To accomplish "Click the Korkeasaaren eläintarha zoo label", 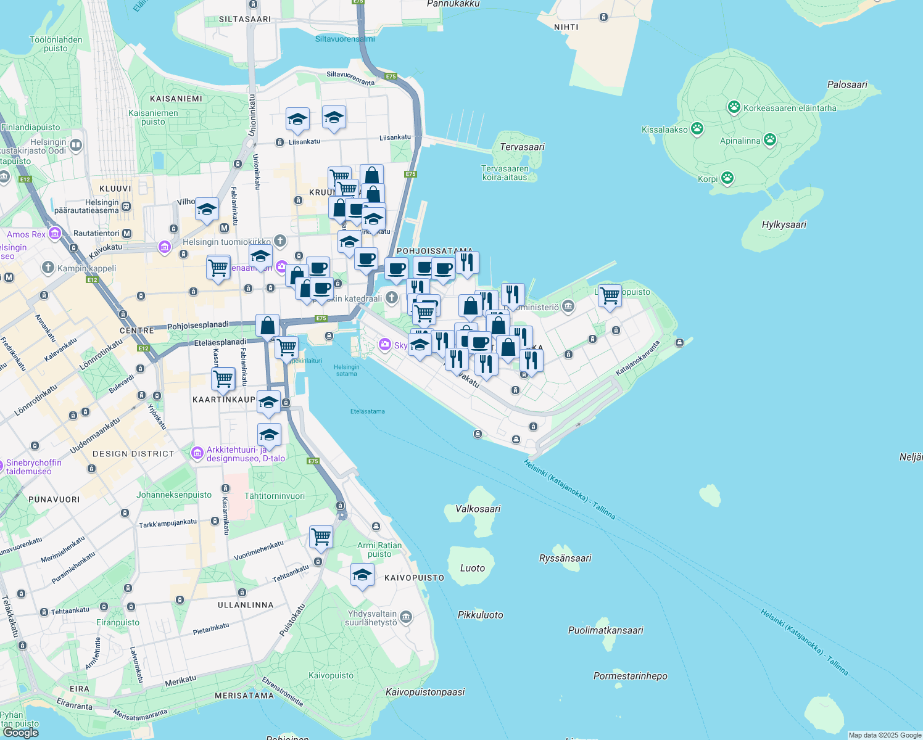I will point(790,108).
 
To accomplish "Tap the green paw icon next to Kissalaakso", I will point(697,129).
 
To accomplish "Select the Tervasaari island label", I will point(522,147).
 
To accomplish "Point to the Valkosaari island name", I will point(478,509).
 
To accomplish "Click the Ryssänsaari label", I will point(565,558).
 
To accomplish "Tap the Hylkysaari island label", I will point(784,224).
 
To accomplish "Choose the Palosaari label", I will point(847,84).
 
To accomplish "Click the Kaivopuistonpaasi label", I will point(425,692).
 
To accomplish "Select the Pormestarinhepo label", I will point(630,676).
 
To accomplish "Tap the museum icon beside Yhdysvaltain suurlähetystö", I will point(406,617).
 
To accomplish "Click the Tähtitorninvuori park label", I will point(275,496).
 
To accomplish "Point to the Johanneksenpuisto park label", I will point(174,495).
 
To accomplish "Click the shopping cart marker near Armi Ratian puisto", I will point(321,536).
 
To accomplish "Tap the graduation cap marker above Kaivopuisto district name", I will point(362,575).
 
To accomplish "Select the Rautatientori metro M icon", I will point(127,233).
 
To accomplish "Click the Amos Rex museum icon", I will point(55,234).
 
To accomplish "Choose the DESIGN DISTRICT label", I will point(133,454).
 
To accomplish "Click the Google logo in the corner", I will point(20,733).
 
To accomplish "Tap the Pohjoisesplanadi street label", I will point(197,325).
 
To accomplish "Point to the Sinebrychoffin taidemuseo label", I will point(33,467).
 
